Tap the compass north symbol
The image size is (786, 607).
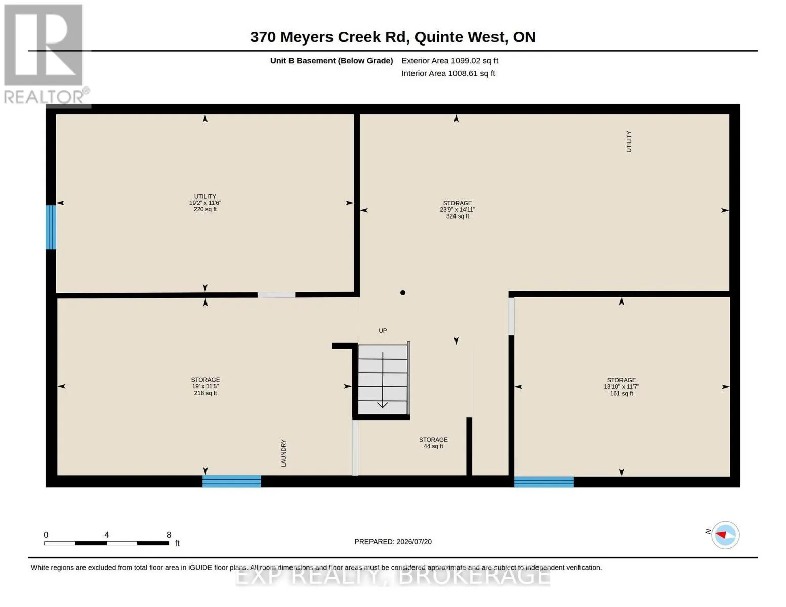(725, 535)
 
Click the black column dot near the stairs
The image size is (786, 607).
(402, 293)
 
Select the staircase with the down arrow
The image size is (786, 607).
(383, 379)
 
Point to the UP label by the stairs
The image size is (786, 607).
(383, 330)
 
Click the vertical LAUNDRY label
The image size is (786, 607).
(283, 453)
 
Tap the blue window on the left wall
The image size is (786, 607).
(51, 227)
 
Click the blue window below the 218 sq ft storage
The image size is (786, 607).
(231, 481)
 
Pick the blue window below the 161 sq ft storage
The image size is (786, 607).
(544, 482)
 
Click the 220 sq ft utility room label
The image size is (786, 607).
(205, 203)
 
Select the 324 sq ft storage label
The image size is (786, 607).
(458, 210)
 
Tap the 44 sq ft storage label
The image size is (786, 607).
(433, 443)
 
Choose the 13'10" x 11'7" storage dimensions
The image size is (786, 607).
(622, 386)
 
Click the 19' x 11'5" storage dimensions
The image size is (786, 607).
(205, 386)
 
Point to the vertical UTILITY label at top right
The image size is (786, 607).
(629, 141)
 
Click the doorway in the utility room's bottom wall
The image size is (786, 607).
(276, 295)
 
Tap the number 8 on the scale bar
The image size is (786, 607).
(169, 535)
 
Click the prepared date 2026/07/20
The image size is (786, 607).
(414, 542)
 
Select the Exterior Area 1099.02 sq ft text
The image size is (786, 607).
(449, 61)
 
